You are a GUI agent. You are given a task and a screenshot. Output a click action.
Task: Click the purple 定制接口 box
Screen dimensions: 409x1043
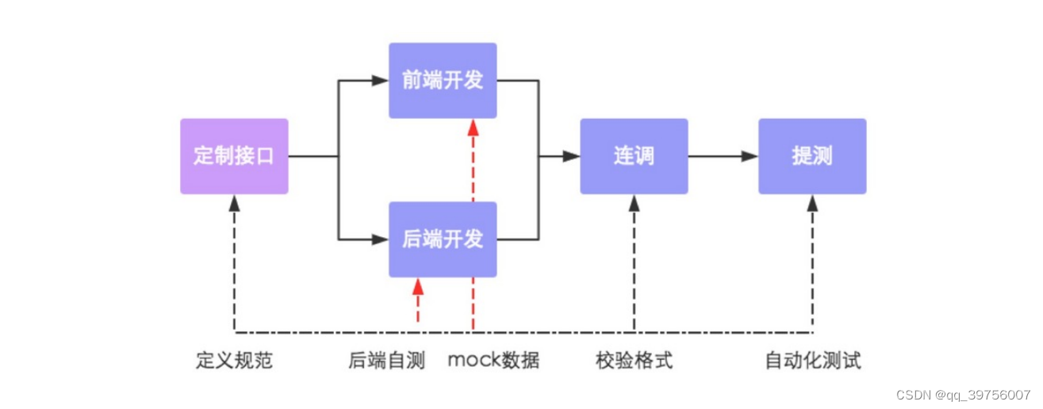234,156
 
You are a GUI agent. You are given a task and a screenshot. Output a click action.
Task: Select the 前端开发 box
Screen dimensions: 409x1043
443,80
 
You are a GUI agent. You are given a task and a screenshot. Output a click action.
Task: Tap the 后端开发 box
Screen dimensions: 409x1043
443,239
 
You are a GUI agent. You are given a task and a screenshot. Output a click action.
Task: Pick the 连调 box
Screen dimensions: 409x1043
634,156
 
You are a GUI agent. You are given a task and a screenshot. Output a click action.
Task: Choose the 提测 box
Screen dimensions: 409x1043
812,156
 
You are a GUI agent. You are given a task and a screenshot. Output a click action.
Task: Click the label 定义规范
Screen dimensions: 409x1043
234,361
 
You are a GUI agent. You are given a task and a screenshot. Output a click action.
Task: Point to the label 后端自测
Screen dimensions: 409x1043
386,361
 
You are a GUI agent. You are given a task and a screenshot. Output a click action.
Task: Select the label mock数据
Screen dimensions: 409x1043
493,361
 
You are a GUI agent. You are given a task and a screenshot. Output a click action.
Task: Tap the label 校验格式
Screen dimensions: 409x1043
634,361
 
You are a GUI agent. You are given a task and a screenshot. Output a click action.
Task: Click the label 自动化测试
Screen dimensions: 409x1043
812,361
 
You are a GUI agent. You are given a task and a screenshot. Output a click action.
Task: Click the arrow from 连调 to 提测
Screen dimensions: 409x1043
723,157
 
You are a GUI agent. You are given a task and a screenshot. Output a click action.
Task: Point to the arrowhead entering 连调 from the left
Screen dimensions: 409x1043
572,157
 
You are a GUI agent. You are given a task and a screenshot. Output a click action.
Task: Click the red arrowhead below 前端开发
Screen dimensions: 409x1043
473,126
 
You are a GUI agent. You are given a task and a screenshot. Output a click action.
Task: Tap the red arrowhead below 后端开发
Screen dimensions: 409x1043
418,285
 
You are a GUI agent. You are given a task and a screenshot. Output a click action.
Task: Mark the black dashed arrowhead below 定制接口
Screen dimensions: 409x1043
234,202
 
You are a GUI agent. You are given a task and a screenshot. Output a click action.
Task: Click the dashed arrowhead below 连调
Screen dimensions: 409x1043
634,202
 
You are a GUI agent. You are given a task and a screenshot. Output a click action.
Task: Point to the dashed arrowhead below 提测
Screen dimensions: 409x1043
812,202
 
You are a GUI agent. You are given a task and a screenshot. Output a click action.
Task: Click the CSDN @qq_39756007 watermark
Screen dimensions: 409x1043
963,395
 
